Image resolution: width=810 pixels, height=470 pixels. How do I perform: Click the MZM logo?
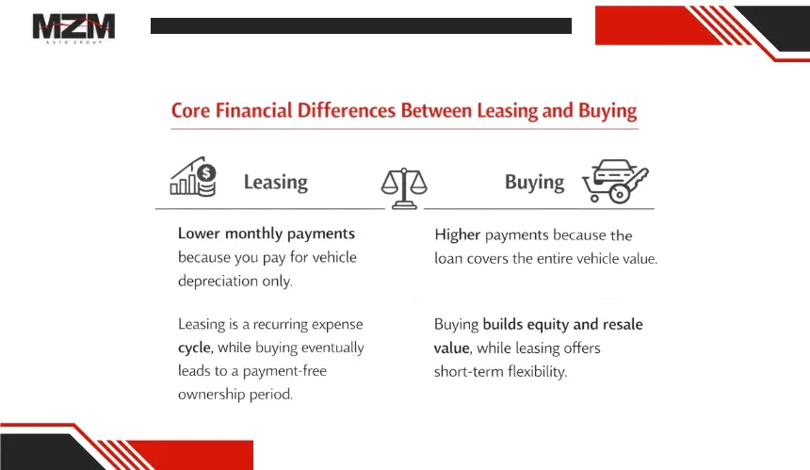(73, 28)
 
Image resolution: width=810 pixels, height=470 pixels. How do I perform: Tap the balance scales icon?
(404, 188)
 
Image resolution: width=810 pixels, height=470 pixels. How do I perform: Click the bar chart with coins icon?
(193, 177)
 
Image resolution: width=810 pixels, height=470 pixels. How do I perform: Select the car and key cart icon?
(615, 181)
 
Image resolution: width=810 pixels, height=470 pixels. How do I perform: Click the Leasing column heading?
(276, 183)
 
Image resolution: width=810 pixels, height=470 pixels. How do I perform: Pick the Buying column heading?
(535, 183)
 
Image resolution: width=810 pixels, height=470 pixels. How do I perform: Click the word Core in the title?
(190, 110)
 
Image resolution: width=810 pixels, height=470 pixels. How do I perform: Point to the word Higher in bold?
(457, 235)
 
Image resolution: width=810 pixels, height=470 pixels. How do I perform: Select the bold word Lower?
(199, 234)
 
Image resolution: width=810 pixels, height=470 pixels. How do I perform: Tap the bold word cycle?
(195, 348)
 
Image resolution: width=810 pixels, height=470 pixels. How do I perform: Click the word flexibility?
(537, 371)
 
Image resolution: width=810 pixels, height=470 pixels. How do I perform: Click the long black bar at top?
(361, 25)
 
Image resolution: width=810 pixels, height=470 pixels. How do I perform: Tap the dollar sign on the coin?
(206, 172)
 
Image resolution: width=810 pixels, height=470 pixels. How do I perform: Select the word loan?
(448, 258)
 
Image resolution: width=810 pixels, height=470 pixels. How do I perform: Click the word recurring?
(280, 325)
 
